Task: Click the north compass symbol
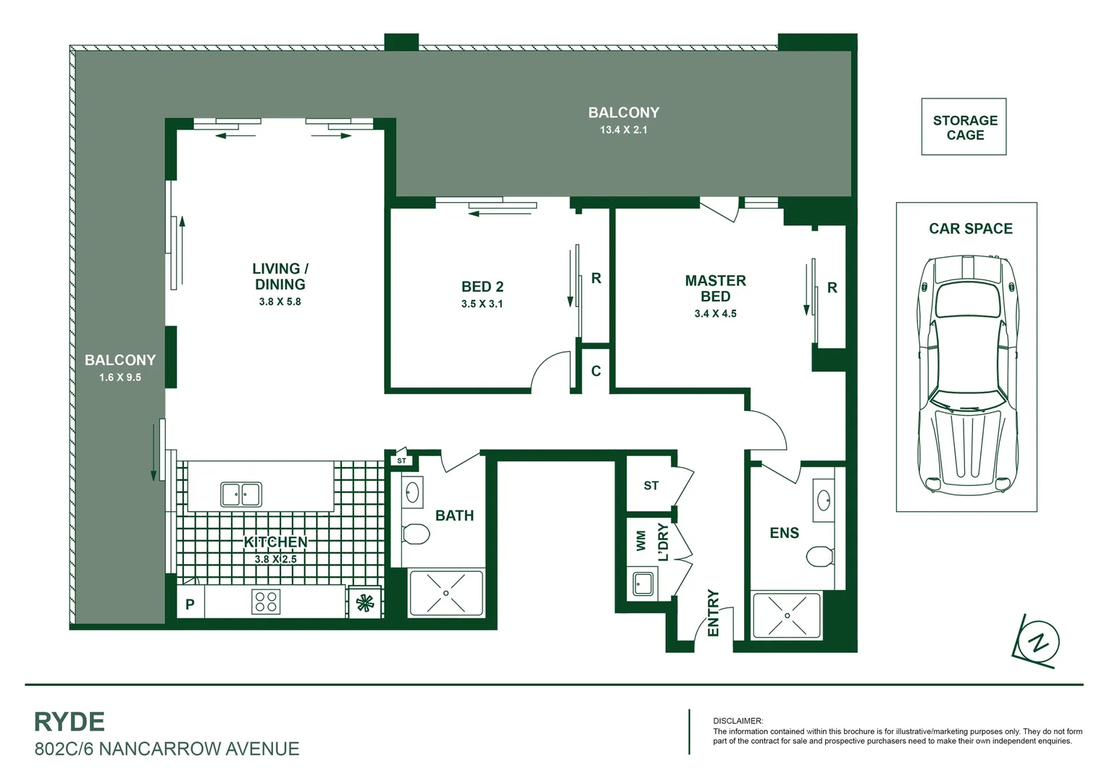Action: [1039, 642]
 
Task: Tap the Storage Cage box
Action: [964, 127]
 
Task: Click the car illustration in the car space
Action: [966, 374]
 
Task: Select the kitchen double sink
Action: [241, 495]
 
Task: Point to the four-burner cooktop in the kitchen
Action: [266, 602]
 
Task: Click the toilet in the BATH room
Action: [415, 534]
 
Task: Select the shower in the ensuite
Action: [787, 615]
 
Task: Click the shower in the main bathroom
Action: [446, 593]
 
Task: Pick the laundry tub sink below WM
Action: [642, 583]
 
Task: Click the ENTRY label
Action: [713, 613]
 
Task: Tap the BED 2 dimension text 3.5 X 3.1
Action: [482, 304]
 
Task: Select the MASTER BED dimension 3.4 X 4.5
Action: [715, 314]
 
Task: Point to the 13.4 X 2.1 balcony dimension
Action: [623, 130]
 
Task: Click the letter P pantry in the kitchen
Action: [190, 604]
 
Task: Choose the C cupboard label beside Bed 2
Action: [596, 371]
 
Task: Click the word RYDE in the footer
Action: [70, 722]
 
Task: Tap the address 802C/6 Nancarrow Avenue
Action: [167, 749]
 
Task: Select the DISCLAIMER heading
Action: [738, 721]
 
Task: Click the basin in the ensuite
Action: [824, 499]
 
